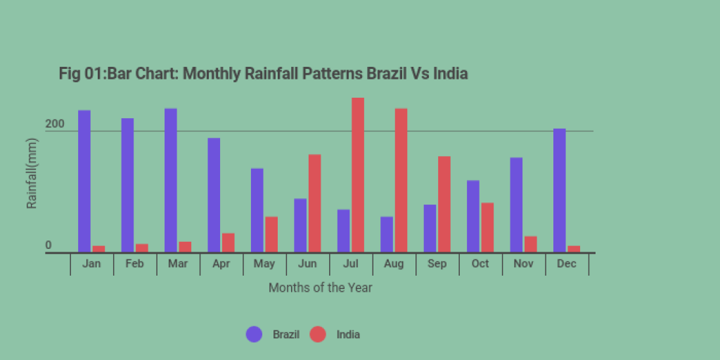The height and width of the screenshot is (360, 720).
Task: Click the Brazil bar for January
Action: pyautogui.click(x=84, y=181)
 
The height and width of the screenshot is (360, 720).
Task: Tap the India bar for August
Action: pyautogui.click(x=401, y=180)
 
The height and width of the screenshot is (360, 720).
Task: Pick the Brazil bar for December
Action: pyautogui.click(x=560, y=190)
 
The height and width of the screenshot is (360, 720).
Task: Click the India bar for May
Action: pyautogui.click(x=271, y=234)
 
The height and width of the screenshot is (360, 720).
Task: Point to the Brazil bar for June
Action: pyautogui.click(x=300, y=225)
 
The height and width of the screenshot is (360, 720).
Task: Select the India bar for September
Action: pyautogui.click(x=444, y=204)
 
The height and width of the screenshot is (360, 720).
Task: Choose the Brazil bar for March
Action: pyautogui.click(x=171, y=180)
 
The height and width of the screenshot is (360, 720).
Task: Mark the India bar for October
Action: pyautogui.click(x=487, y=227)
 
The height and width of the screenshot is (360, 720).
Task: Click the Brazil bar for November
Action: pyautogui.click(x=516, y=205)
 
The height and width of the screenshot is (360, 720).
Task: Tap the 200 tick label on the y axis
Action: pyautogui.click(x=55, y=124)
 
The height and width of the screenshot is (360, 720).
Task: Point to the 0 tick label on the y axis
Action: pyautogui.click(x=49, y=245)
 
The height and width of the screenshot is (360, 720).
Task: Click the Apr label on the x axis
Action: pyautogui.click(x=221, y=264)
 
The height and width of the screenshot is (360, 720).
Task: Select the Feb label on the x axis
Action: pyautogui.click(x=134, y=264)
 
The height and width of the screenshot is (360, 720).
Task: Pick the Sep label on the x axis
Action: pyautogui.click(x=437, y=264)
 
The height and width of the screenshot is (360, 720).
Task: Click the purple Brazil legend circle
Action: pyautogui.click(x=254, y=335)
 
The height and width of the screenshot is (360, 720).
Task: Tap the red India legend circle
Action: pyautogui.click(x=319, y=335)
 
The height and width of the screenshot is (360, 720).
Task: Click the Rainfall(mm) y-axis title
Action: pyautogui.click(x=32, y=174)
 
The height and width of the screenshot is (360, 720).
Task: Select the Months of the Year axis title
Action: pyautogui.click(x=320, y=288)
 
